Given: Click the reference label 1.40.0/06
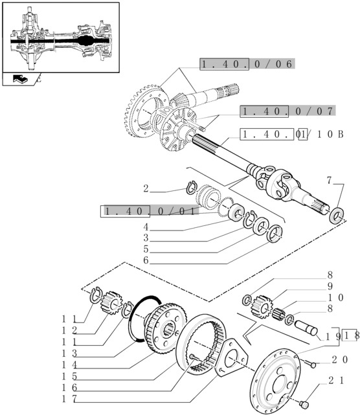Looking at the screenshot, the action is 247,64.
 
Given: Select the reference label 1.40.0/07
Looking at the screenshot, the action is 287,111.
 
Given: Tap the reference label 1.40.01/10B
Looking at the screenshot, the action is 292,134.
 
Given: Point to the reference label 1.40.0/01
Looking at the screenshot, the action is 150,211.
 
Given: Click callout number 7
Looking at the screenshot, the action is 330,181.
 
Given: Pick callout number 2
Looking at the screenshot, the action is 146,188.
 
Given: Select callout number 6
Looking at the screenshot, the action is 146,260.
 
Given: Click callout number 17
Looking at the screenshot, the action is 69,399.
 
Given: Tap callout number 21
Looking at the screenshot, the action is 336,381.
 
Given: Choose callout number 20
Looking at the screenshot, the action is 339,359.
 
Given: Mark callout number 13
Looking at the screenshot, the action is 69,354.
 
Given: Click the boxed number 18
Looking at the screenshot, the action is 350,336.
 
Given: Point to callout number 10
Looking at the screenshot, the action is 335,297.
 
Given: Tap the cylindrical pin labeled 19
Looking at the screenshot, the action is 306,328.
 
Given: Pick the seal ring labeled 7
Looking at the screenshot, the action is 337,216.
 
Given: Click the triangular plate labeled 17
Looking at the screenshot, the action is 231,357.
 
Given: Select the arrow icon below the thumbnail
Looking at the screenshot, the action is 20,79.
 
